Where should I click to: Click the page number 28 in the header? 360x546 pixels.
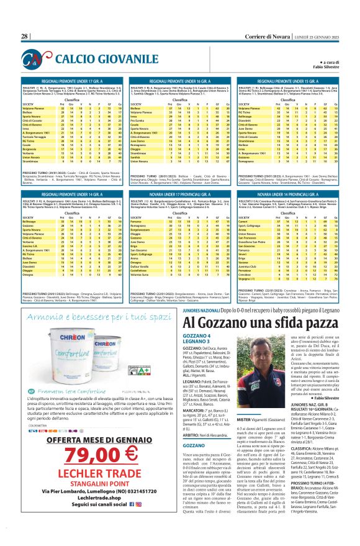click(25, 37)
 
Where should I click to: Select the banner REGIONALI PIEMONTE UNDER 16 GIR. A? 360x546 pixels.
click(180, 81)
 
